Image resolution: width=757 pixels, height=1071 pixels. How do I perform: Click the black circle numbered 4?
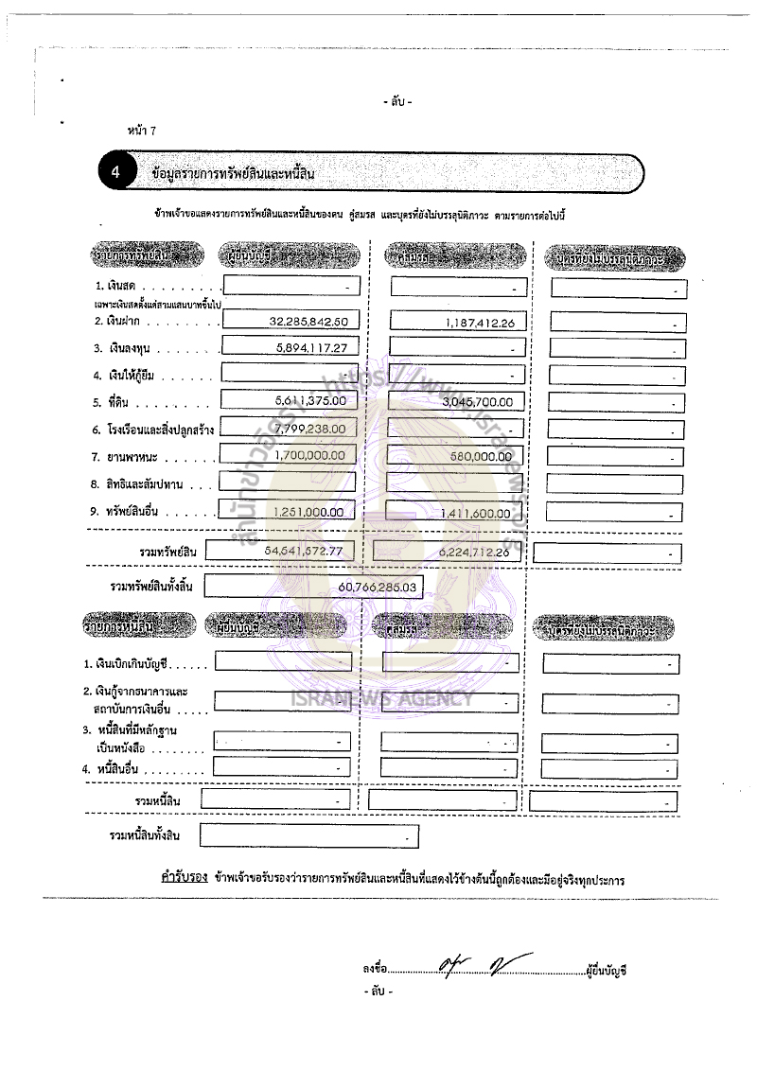(x=115, y=173)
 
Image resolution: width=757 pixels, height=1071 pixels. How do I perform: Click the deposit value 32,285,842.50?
(x=308, y=322)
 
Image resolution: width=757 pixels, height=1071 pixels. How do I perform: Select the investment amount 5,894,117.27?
(x=311, y=348)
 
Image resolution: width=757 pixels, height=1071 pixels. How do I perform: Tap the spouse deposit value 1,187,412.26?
(x=480, y=323)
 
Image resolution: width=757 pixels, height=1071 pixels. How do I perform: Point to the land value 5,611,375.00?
(x=310, y=401)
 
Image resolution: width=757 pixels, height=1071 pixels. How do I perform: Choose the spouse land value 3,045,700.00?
(x=478, y=401)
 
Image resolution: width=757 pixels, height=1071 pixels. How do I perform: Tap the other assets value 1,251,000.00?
(x=312, y=512)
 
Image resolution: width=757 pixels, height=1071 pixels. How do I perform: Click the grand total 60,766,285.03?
(x=377, y=588)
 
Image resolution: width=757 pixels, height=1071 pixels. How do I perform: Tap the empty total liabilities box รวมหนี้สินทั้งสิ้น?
(x=308, y=837)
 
